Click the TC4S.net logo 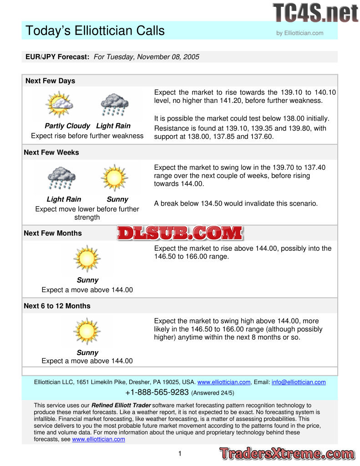point(315,12)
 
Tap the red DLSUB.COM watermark point(180,233)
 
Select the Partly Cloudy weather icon point(59,104)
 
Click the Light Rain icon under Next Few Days point(114,105)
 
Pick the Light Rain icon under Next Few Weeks point(61,177)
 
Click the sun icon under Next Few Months point(86,258)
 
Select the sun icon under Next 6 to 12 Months point(86,331)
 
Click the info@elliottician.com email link point(299,382)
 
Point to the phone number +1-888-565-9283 point(157,392)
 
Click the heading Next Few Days point(50,81)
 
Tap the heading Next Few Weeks point(51,152)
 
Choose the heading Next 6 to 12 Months point(57,306)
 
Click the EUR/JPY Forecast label point(57,57)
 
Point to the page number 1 point(180,453)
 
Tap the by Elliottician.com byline point(300,33)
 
